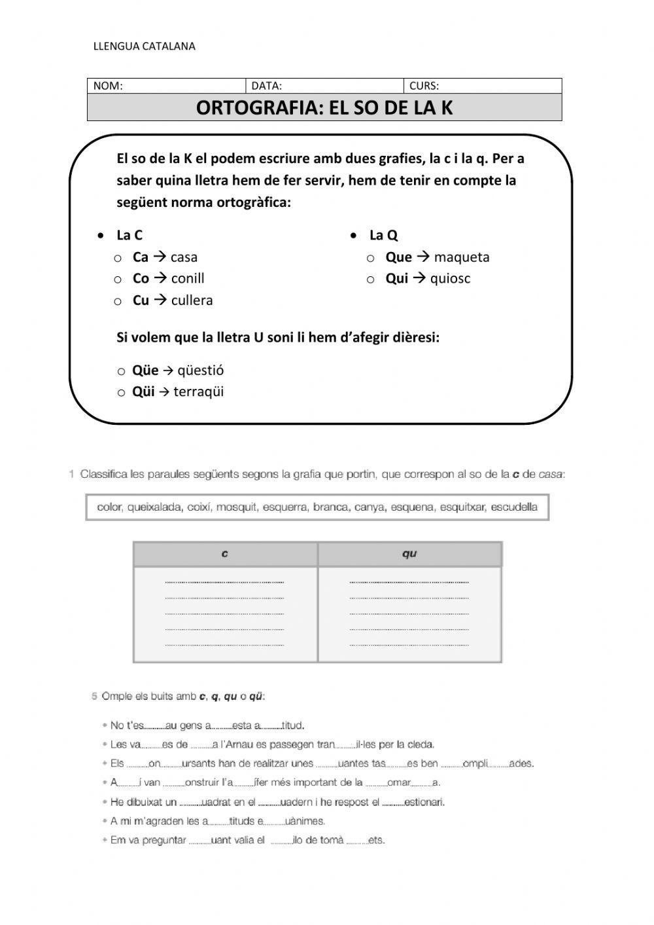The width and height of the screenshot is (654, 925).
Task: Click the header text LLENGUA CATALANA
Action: click(x=145, y=46)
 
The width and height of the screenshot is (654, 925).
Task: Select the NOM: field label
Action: click(x=108, y=86)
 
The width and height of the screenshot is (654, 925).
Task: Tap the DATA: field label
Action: click(x=267, y=86)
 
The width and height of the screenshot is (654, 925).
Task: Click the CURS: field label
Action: click(x=424, y=86)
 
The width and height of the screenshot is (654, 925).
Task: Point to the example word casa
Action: click(x=184, y=257)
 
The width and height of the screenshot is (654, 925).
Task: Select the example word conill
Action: click(x=188, y=279)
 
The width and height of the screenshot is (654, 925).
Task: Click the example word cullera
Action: click(x=192, y=300)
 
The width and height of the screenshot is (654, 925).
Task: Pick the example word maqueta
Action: click(x=461, y=257)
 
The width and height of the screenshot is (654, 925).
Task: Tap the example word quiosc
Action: click(x=450, y=279)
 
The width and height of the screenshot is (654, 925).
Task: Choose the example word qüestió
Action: click(x=201, y=371)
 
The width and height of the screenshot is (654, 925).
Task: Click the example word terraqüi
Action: click(x=199, y=392)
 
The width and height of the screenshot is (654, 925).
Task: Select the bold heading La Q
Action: click(x=383, y=236)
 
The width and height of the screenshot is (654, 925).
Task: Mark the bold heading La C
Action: click(x=129, y=236)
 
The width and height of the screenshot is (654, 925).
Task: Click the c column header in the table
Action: click(x=225, y=554)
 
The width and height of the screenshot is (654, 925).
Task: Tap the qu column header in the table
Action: click(x=409, y=554)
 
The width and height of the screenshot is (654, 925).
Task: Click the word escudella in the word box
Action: click(x=514, y=507)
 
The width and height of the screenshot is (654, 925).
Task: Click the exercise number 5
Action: click(x=94, y=696)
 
